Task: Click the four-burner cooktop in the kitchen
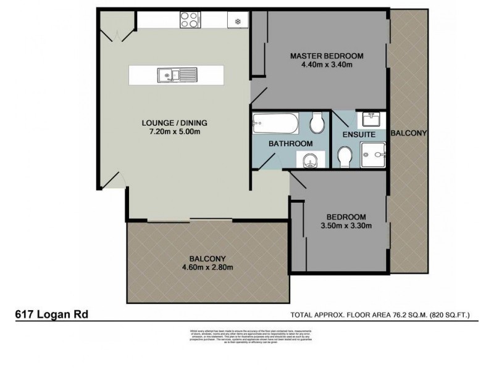[189, 20]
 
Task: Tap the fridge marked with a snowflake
[237, 20]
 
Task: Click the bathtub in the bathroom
[276, 125]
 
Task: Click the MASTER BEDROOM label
[327, 56]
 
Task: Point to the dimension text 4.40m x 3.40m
[327, 65]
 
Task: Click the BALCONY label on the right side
[409, 133]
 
